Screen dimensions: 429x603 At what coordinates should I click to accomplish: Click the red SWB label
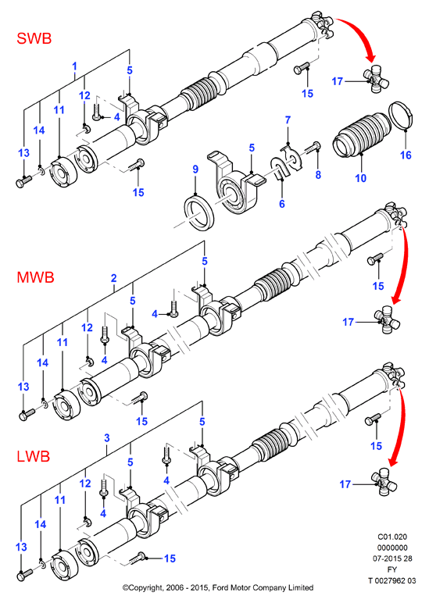(34, 38)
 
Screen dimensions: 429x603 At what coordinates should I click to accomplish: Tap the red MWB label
(35, 277)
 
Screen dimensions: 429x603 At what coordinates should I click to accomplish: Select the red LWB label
(34, 456)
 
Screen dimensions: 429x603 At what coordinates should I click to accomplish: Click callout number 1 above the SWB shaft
(75, 66)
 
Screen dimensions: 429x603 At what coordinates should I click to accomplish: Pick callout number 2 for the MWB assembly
(113, 278)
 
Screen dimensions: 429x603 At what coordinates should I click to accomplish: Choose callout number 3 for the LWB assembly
(107, 437)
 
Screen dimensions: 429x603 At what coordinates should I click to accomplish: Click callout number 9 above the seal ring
(195, 169)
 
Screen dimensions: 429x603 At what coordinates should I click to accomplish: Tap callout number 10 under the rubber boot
(360, 178)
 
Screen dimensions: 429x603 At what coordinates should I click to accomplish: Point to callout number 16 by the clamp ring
(406, 155)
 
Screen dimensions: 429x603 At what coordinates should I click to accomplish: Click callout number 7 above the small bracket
(288, 120)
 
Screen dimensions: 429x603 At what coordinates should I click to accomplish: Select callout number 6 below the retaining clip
(282, 203)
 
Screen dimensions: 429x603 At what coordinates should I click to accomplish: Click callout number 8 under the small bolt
(318, 175)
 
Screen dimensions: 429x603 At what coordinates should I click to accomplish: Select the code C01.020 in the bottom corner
(392, 537)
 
